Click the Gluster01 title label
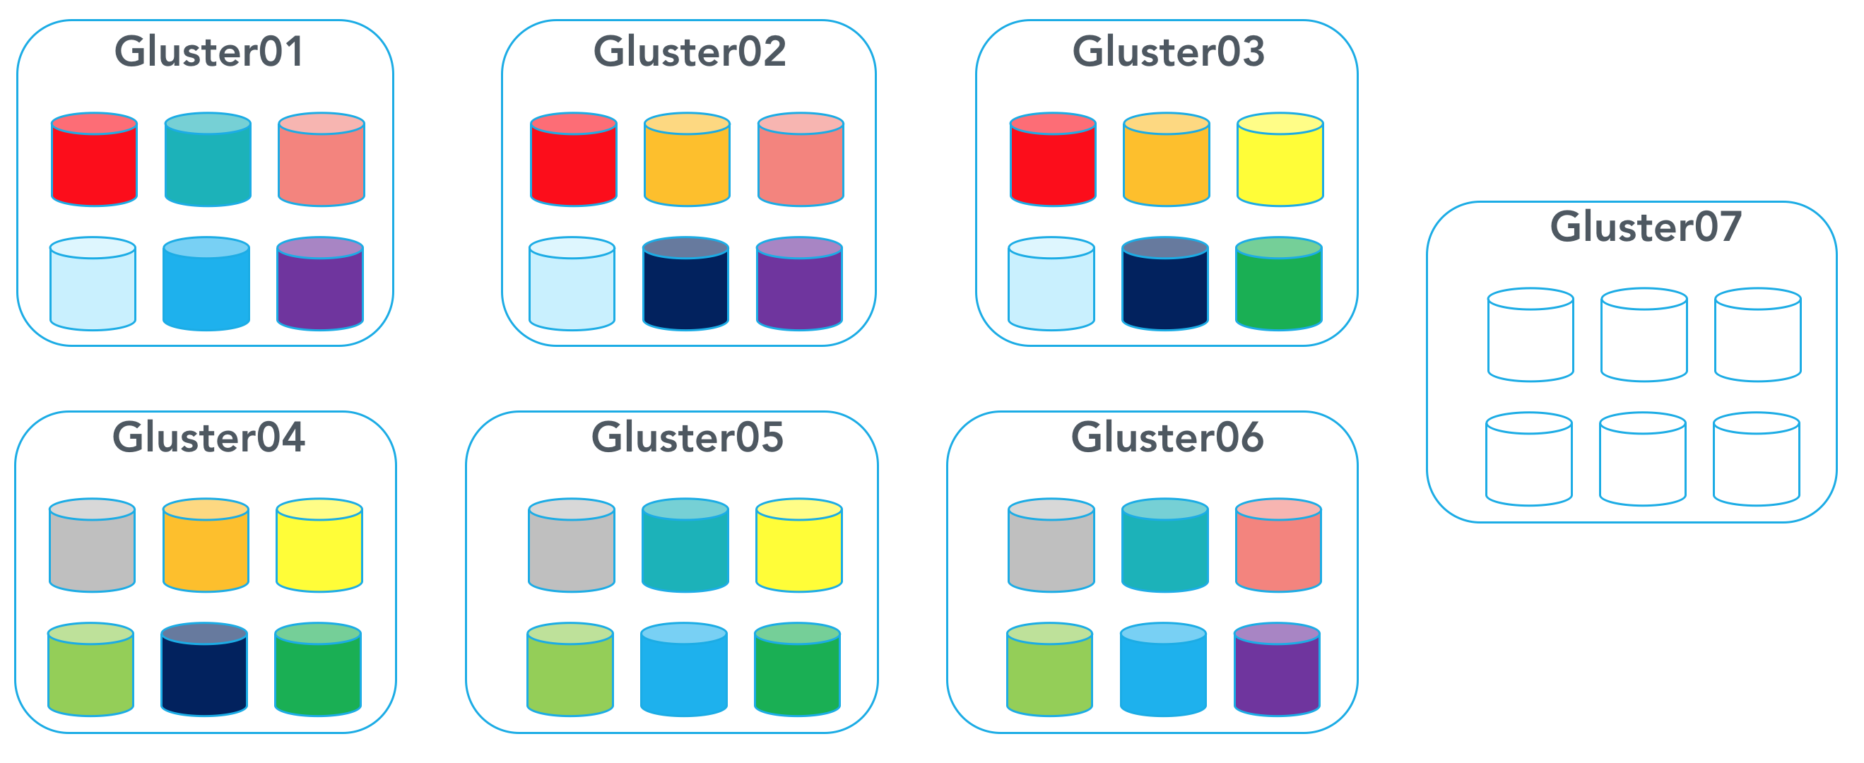click(x=209, y=52)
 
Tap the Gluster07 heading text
click(x=1646, y=226)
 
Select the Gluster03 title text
click(x=1168, y=52)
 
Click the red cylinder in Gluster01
click(x=94, y=159)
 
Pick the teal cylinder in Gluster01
click(x=208, y=159)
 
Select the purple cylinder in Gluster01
click(x=320, y=283)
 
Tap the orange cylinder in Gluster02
click(x=687, y=159)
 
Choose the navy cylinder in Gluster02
click(x=685, y=283)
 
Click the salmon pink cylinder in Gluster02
click(x=801, y=159)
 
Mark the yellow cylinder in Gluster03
click(x=1280, y=159)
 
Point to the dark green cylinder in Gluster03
click(x=1279, y=283)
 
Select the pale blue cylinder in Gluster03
click(x=1051, y=283)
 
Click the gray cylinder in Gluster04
click(x=92, y=545)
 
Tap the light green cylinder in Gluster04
click(x=90, y=670)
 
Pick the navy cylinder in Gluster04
click(x=204, y=670)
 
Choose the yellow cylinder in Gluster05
click(x=799, y=545)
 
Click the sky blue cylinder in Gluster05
click(x=684, y=670)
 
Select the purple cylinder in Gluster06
click(x=1277, y=670)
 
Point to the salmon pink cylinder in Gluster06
click(x=1279, y=545)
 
